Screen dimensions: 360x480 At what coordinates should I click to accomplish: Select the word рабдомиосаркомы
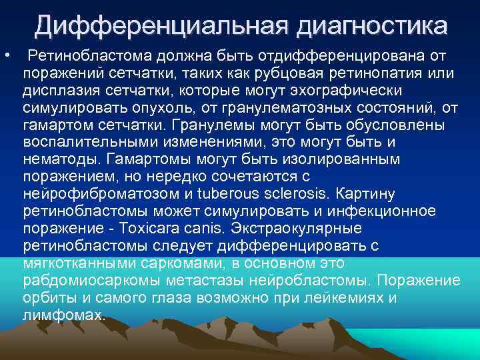(x=90, y=281)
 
